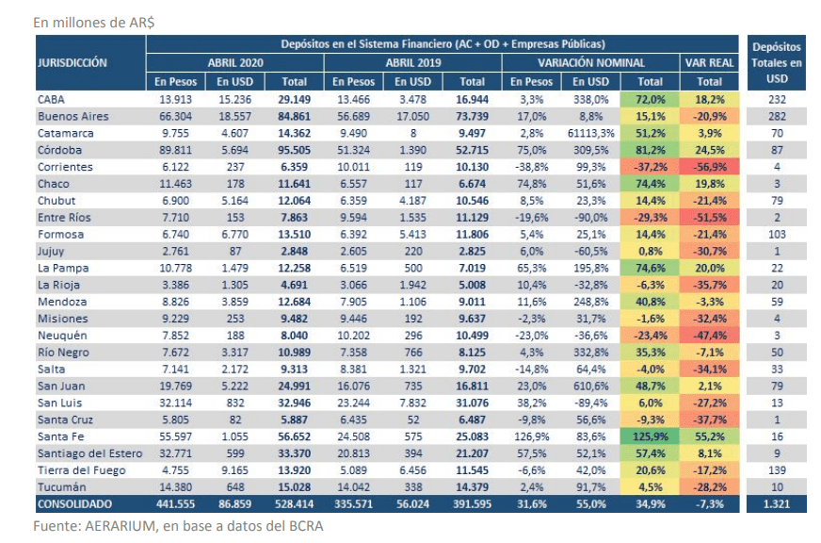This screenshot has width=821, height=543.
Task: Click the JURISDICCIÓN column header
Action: [72, 63]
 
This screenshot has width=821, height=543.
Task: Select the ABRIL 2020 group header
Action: [235, 63]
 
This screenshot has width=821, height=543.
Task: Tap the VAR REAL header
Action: [710, 63]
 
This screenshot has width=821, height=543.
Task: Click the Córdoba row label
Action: [59, 150]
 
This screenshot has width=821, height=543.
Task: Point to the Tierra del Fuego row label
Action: [81, 470]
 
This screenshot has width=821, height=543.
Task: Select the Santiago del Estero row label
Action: [89, 453]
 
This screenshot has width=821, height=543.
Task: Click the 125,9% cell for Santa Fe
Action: [651, 436]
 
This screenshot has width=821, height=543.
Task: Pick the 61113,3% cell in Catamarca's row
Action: [590, 133]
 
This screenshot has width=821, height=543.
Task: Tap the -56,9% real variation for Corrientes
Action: [710, 167]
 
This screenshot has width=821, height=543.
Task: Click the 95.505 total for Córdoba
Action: [295, 150]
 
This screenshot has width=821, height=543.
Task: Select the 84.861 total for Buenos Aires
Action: [295, 116]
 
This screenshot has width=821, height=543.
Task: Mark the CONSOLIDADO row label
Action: [74, 504]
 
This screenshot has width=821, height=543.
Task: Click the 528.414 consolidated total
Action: [295, 504]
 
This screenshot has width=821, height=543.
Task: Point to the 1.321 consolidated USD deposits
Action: [777, 504]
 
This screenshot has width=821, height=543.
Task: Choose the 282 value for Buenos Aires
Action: [777, 116]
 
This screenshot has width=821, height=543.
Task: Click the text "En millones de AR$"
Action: [94, 23]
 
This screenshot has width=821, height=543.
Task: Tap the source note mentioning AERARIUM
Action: [178, 526]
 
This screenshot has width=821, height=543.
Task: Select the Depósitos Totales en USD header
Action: [777, 63]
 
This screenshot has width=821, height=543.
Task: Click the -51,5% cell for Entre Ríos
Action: [710, 218]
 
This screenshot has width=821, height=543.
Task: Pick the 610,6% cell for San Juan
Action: [590, 387]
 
